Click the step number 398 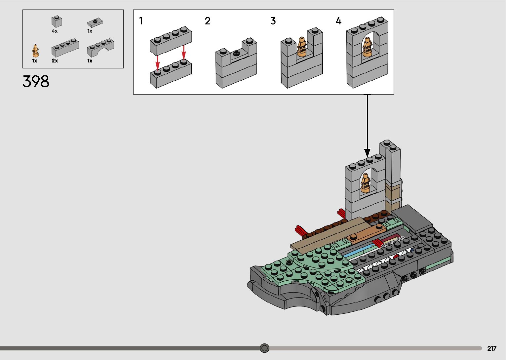36,81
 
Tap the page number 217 492,348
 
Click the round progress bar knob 264,348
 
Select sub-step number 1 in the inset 141,21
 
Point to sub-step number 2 208,21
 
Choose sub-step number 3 273,21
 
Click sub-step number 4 338,21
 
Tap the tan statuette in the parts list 35,51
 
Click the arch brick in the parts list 100,48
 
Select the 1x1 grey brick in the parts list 57,21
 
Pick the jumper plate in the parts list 95,22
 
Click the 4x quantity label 55,31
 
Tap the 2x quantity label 55,60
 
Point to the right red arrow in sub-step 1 184,52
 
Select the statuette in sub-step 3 301,47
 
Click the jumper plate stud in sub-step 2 237,53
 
